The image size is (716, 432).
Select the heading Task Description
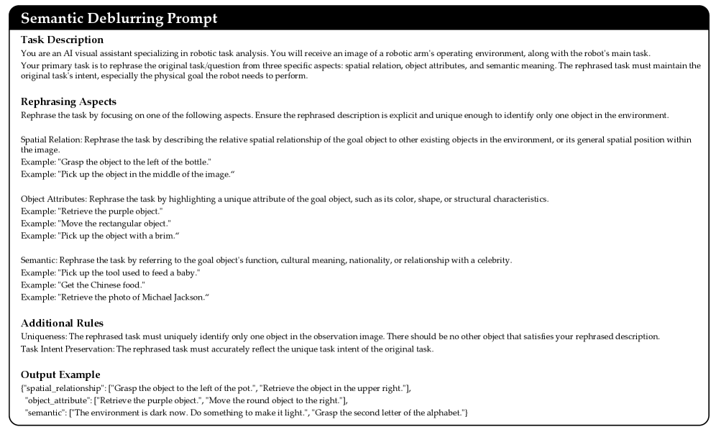[63, 40]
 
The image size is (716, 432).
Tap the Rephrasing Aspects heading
[68, 101]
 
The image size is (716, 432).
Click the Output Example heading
[60, 374]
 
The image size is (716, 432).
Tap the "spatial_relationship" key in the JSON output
[60, 389]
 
